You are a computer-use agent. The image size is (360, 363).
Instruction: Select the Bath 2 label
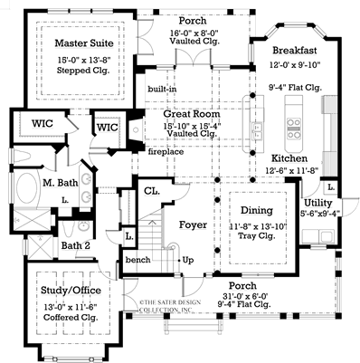[x=74, y=245]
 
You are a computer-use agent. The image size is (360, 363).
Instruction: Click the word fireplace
[x=165, y=153]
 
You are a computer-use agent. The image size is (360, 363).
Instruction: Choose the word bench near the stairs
[x=138, y=260]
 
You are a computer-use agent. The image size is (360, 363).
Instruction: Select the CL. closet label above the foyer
[x=151, y=192]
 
